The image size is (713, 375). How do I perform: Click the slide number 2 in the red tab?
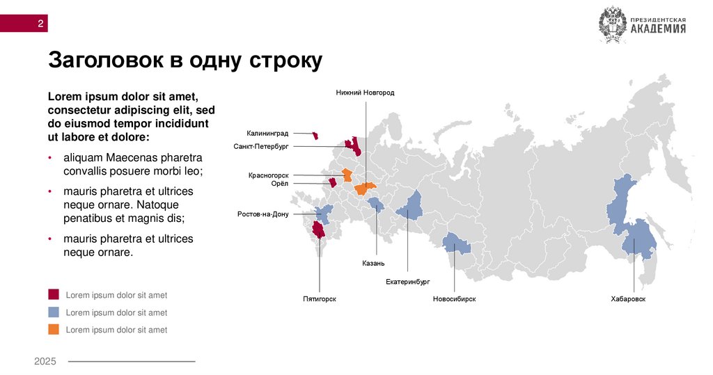[41, 24]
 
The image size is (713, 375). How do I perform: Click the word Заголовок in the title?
[107, 60]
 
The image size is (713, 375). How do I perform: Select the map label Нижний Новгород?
[365, 93]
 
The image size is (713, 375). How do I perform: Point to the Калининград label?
[267, 133]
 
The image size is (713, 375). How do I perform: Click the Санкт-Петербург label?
[261, 147]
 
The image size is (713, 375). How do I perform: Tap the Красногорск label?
[268, 175]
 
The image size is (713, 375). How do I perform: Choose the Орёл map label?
[279, 184]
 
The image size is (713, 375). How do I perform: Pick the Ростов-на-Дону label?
[263, 214]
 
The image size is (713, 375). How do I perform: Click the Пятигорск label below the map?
[320, 299]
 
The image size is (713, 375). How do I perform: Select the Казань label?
[373, 264]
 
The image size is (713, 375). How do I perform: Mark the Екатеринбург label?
[408, 282]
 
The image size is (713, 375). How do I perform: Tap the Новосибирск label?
[454, 299]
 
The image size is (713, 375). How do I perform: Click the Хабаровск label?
[628, 299]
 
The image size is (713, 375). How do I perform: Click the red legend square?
[54, 295]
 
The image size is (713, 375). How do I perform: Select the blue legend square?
[54, 312]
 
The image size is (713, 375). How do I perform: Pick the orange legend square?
[54, 330]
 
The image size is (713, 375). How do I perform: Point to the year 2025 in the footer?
[45, 361]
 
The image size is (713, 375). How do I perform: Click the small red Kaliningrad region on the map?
[315, 136]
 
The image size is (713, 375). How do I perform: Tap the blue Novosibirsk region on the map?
[457, 244]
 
